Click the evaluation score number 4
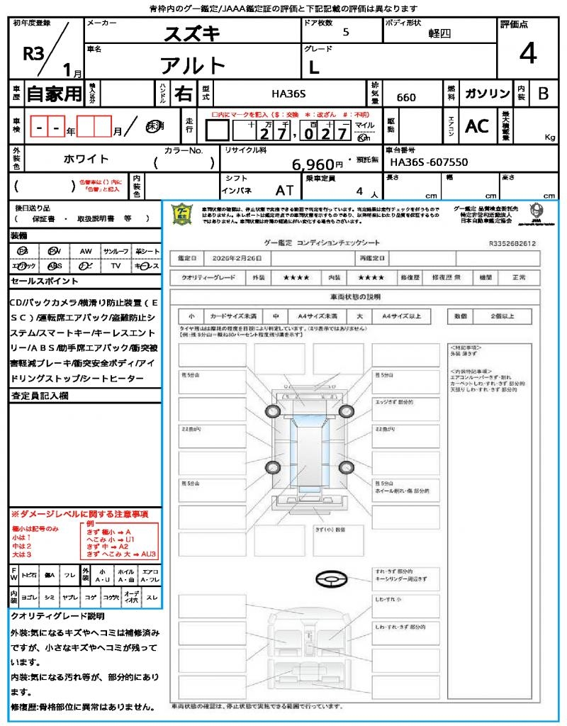click(527, 54)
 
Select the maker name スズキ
click(192, 33)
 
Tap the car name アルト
click(193, 66)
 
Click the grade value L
click(314, 67)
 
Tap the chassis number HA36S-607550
click(429, 162)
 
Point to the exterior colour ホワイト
click(86, 159)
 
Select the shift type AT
click(285, 191)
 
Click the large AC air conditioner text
click(477, 126)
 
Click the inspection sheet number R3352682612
click(512, 243)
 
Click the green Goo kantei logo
click(183, 213)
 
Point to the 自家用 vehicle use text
click(55, 94)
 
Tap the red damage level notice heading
click(79, 513)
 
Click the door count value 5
click(345, 33)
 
